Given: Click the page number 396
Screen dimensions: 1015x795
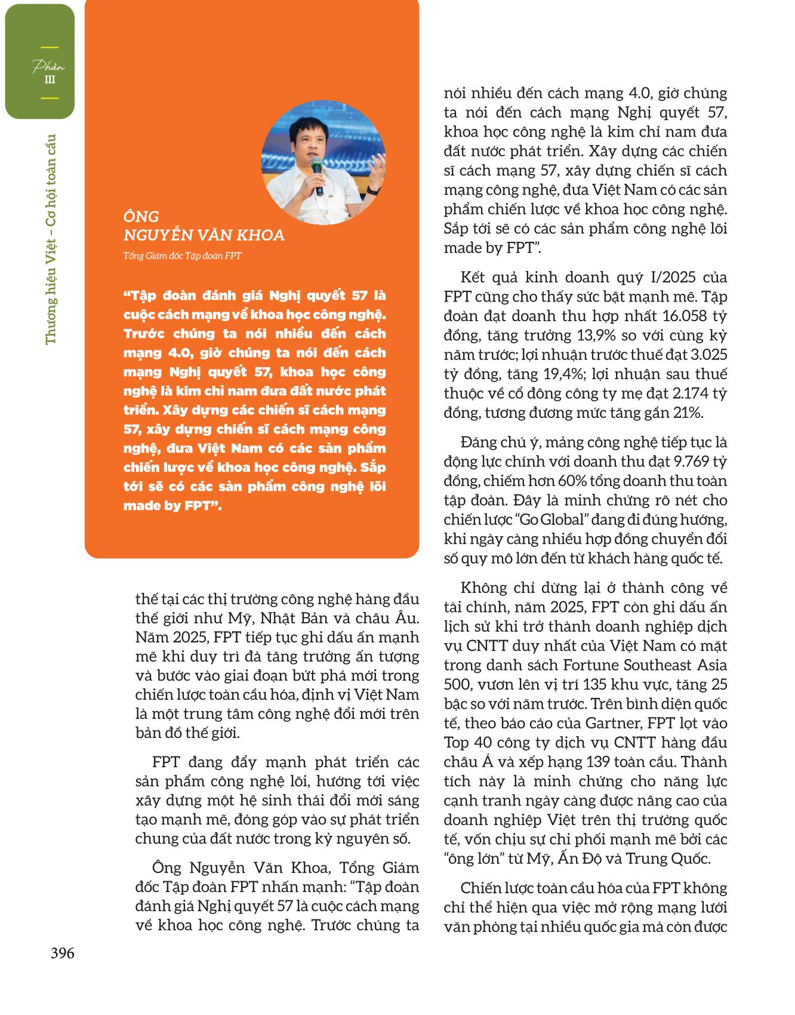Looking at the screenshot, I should (x=62, y=953).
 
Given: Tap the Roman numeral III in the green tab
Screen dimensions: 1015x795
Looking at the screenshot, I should (x=50, y=79).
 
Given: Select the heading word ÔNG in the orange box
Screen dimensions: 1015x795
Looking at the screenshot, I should (x=141, y=216).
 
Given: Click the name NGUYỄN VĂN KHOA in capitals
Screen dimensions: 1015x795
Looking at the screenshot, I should (x=204, y=235).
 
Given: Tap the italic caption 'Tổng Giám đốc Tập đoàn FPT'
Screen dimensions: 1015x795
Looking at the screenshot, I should (x=182, y=256).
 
